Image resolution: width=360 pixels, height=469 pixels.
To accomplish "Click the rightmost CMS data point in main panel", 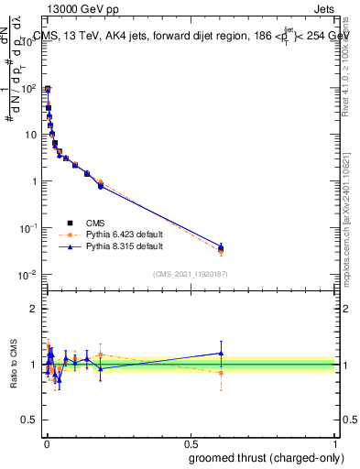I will click(220, 247).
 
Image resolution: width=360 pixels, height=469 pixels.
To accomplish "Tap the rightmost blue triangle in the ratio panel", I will click(220, 353).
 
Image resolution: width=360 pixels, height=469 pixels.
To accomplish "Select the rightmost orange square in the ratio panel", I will click(220, 373).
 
